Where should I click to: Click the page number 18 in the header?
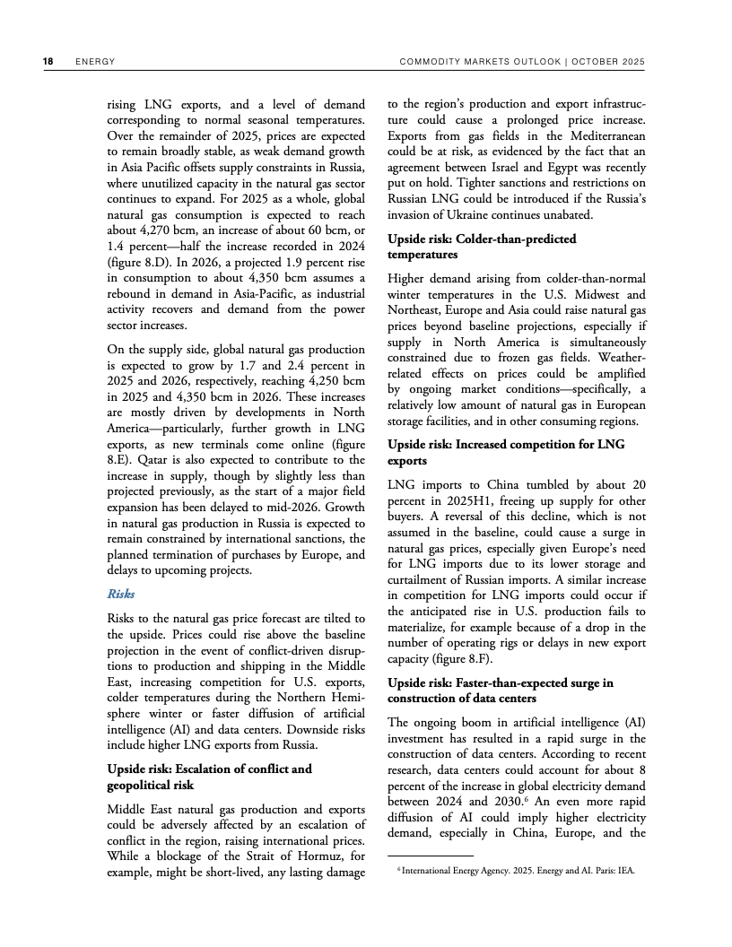click(48, 61)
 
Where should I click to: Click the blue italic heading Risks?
click(121, 594)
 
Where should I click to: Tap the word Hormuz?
click(341, 856)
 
